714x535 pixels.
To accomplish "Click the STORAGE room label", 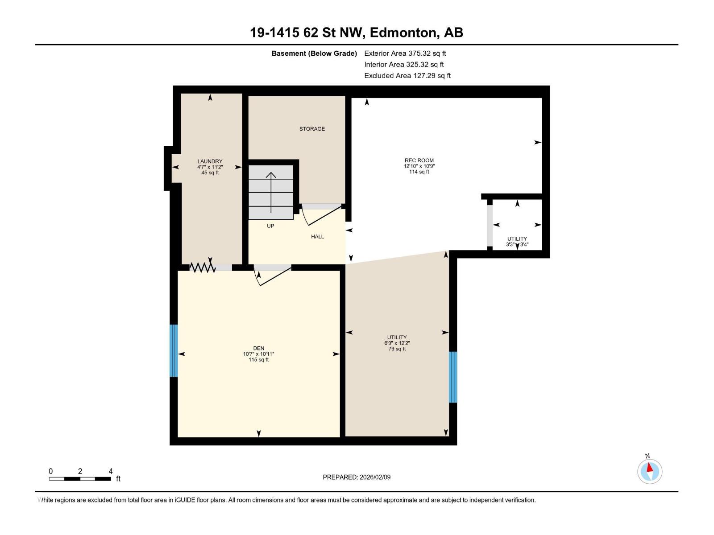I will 312,129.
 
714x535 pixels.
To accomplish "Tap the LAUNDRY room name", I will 210,161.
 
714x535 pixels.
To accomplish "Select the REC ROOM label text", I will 419,160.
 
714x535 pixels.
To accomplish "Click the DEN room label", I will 258,348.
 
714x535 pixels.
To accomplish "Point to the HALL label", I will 317,237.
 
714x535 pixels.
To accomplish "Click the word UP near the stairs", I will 270,226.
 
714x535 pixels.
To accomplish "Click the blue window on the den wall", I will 174,350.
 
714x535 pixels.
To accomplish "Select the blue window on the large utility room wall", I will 452,377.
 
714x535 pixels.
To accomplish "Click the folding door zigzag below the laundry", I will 203,267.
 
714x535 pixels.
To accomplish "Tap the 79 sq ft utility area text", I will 397,349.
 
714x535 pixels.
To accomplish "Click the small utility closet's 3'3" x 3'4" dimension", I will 517,245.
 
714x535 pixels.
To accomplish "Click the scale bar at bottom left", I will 80,479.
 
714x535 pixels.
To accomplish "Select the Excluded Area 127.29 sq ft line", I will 407,76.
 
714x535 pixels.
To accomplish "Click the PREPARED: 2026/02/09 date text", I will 357,477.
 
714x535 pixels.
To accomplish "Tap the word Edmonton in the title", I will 403,33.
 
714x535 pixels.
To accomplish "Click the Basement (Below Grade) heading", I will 314,53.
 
